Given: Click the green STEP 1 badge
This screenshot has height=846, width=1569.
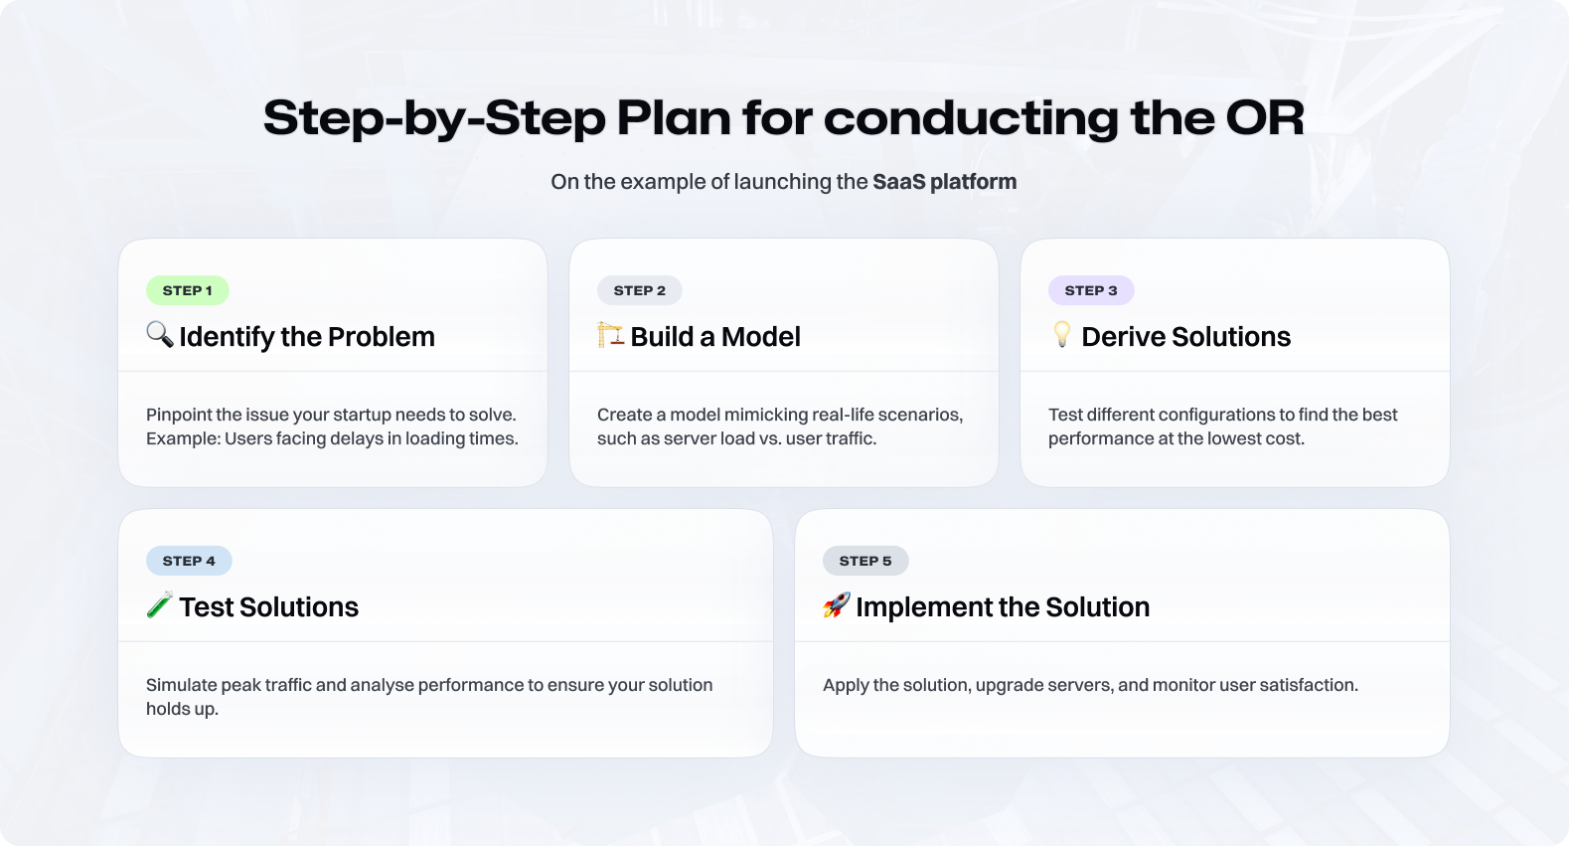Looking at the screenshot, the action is pyautogui.click(x=187, y=290).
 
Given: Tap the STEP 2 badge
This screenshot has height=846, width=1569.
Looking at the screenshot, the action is pyautogui.click(x=640, y=290).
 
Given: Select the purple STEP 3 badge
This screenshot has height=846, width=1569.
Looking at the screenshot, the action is pyautogui.click(x=1091, y=290).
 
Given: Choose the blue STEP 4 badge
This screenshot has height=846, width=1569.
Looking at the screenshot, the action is pyautogui.click(x=189, y=561).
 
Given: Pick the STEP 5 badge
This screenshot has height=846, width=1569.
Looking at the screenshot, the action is pyautogui.click(x=865, y=561).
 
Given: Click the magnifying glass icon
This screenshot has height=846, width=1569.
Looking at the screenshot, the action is pyautogui.click(x=160, y=334).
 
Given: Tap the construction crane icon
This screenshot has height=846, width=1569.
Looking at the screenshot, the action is pyautogui.click(x=610, y=334).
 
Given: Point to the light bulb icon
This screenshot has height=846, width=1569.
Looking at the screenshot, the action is pyautogui.click(x=1062, y=334).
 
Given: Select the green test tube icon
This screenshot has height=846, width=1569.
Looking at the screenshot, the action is pyautogui.click(x=160, y=604).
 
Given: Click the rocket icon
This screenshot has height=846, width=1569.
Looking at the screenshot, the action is pyautogui.click(x=837, y=604).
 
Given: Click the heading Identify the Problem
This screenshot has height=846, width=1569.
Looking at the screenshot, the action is pyautogui.click(x=307, y=337).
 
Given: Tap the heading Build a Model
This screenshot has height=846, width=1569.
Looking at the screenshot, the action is pyautogui.click(x=715, y=337).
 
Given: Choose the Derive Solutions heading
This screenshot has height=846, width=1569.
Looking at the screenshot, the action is pyautogui.click(x=1185, y=337).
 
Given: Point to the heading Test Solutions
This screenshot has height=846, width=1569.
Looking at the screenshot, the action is pyautogui.click(x=269, y=607).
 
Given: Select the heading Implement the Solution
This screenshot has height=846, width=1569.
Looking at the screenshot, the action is pyautogui.click(x=1003, y=607).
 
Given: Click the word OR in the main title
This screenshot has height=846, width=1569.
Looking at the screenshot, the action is pyautogui.click(x=1265, y=117).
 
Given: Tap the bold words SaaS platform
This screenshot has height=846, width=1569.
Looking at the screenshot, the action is pyautogui.click(x=944, y=182).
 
